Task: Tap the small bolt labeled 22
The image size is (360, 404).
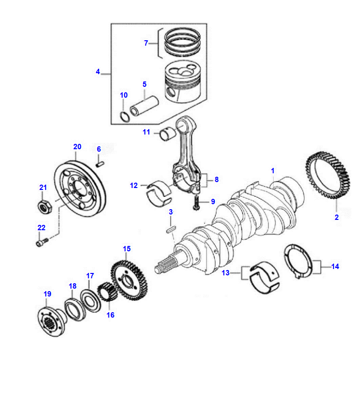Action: click(42, 242)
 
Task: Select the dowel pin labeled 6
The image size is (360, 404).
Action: click(100, 163)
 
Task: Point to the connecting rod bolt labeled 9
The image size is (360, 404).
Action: click(196, 202)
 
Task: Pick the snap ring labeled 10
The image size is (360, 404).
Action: click(125, 116)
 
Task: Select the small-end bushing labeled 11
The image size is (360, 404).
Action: click(167, 134)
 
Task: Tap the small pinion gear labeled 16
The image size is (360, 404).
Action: click(107, 292)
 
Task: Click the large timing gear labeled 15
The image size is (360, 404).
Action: click(129, 280)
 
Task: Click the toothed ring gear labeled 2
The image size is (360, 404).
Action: click(328, 175)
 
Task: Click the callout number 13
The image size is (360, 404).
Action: click(226, 273)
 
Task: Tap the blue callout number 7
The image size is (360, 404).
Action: click(146, 43)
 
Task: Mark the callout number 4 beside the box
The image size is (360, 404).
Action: click(98, 71)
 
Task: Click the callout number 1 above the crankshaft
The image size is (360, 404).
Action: click(273, 171)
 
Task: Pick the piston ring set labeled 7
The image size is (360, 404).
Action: click(182, 42)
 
